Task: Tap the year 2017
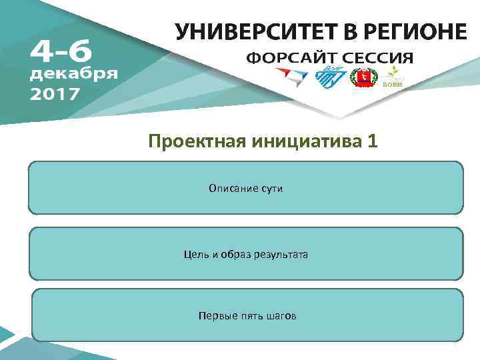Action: point(55,93)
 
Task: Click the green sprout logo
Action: point(395,77)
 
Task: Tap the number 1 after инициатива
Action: point(371,141)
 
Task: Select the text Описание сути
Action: point(245,189)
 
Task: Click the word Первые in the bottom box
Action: point(214,315)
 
